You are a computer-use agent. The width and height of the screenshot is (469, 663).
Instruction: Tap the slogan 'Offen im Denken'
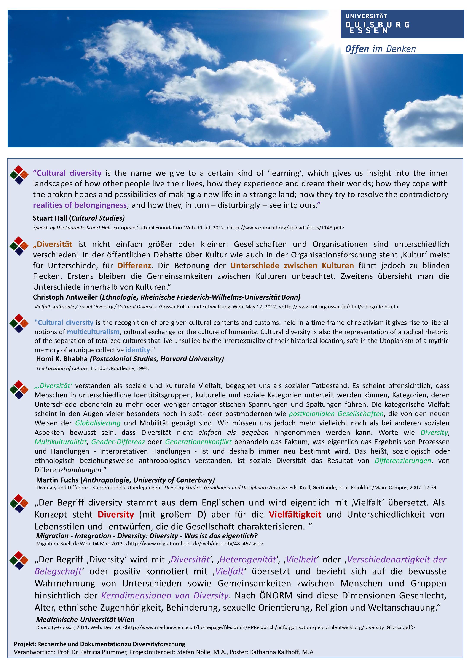pos(380,49)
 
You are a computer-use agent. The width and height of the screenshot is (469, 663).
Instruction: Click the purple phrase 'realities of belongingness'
pos(80,205)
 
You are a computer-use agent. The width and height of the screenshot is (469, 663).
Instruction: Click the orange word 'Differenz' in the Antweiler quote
pos(134,265)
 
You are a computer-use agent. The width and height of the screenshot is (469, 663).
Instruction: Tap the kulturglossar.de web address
pos(338,306)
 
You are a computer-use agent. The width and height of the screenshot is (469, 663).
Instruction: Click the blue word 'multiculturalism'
pos(93,332)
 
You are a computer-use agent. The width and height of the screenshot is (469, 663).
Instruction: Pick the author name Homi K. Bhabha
pos(62,359)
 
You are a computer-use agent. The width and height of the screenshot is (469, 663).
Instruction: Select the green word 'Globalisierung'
pos(98,423)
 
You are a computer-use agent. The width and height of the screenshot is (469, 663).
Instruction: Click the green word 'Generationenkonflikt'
pos(198,442)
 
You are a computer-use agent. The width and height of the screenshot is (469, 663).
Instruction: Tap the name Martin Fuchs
pos(57,480)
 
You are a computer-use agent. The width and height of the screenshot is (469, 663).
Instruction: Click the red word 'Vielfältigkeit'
pos(295,514)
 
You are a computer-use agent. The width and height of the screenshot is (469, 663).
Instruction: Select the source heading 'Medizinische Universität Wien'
pos(85,619)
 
